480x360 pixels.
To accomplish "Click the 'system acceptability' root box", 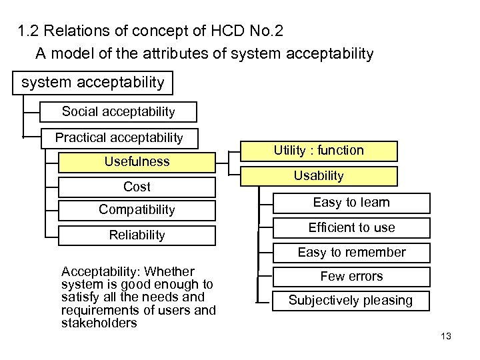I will click(93, 83).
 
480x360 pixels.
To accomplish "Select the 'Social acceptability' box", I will click(118, 111).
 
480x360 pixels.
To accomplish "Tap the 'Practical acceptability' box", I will click(119, 138).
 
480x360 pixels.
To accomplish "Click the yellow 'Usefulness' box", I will click(137, 161).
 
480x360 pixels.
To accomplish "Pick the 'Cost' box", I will click(137, 187).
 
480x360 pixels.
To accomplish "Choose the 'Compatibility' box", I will click(137, 210).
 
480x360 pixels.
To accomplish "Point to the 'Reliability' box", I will click(137, 235).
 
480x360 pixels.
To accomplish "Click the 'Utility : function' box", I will click(319, 151).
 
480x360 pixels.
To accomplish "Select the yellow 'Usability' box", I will click(319, 176).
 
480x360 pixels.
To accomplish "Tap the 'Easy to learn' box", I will click(351, 203).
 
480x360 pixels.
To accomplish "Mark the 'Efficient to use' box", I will click(351, 227).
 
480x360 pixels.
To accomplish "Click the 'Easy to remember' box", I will click(351, 252).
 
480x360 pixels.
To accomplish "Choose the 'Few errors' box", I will click(351, 276).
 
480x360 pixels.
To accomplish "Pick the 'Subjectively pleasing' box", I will click(351, 301).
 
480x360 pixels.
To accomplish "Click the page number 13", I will click(446, 336).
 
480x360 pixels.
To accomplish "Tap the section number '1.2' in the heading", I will click(27, 31).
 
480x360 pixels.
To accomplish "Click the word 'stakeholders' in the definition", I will click(99, 323).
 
